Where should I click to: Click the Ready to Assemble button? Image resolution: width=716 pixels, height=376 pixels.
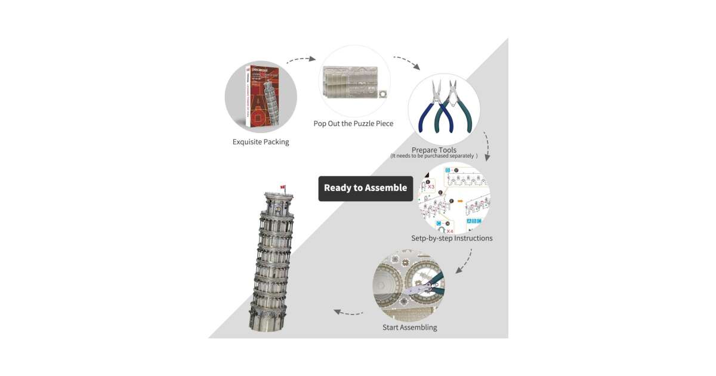365,188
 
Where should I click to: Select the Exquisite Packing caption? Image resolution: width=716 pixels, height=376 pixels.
261,142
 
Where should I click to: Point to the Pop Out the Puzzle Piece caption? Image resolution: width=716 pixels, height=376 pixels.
353,124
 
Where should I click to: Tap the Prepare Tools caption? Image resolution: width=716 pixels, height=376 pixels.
434,150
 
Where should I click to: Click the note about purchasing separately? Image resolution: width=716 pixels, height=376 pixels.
434,156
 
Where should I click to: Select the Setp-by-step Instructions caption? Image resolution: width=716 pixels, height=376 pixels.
452,238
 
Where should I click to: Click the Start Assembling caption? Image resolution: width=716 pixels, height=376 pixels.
409,327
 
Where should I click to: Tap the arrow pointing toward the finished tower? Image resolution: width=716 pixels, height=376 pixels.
348,312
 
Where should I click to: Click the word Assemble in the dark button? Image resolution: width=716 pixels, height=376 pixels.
387,188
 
